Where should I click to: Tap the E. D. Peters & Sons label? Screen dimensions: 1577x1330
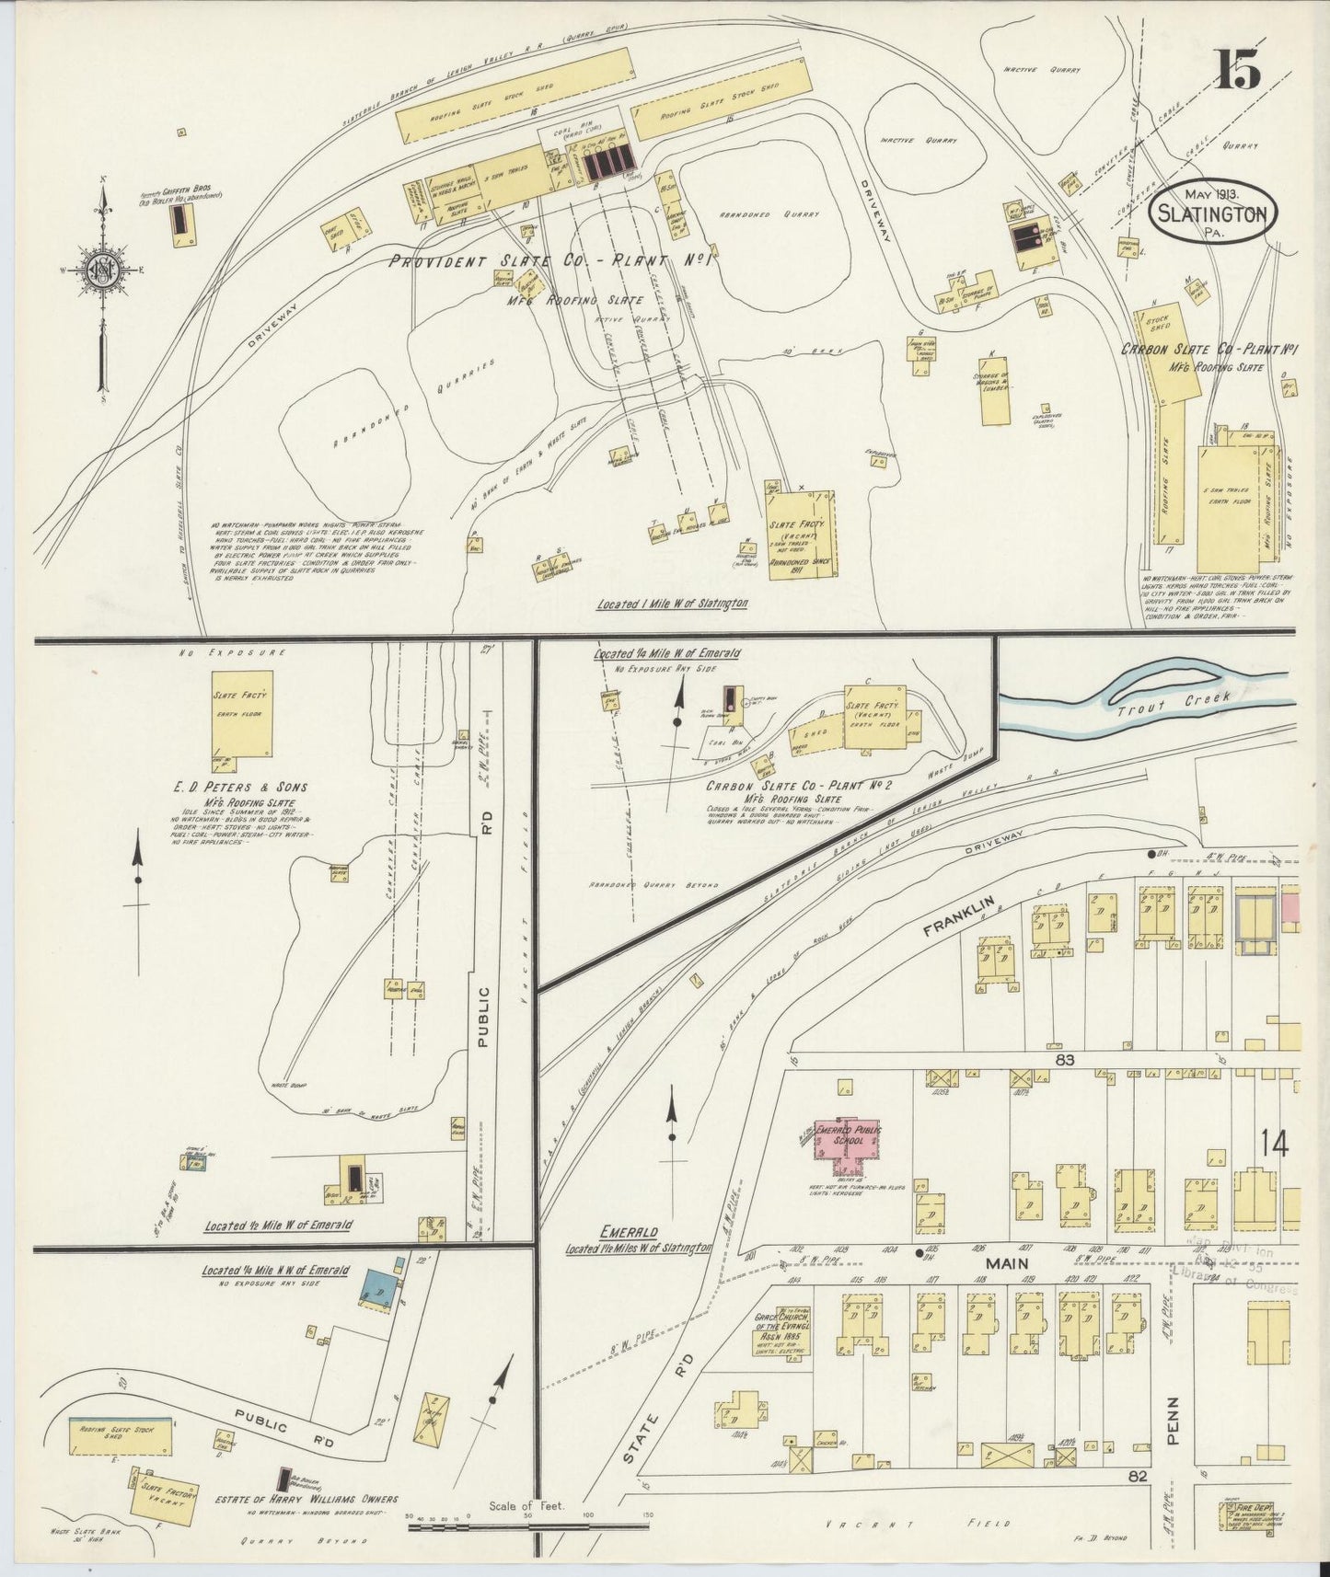point(240,788)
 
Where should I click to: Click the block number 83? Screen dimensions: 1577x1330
point(1066,1060)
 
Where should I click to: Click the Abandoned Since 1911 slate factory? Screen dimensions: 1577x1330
point(802,534)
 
